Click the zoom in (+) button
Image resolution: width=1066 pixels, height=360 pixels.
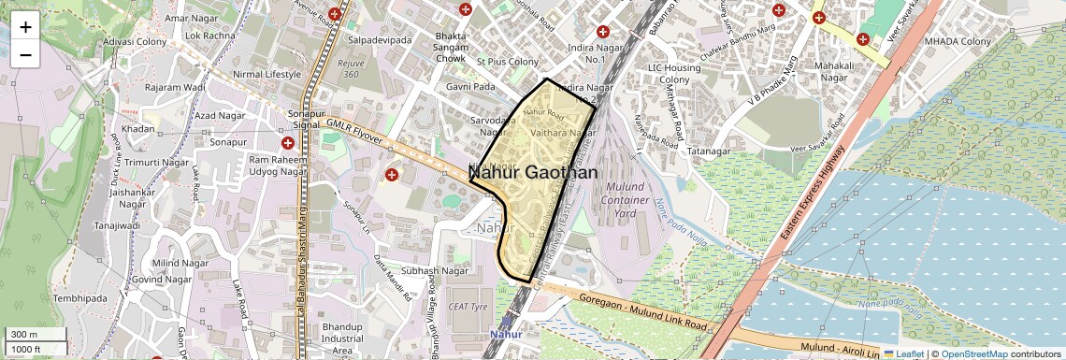coord(25,26)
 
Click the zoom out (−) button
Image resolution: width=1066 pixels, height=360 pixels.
coord(25,55)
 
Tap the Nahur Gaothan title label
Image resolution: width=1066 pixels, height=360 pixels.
coord(534,173)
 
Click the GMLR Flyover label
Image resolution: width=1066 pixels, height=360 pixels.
coord(354,131)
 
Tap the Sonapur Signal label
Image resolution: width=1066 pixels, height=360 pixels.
coord(300,119)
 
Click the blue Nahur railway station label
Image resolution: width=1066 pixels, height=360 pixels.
coord(506,334)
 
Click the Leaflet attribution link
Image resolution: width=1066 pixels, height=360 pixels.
coord(903,354)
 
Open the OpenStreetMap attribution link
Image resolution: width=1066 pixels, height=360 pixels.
coord(973,354)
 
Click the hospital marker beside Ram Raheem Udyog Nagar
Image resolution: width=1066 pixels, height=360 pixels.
coord(288,143)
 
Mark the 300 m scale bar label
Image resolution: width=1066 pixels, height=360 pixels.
coord(24,335)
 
